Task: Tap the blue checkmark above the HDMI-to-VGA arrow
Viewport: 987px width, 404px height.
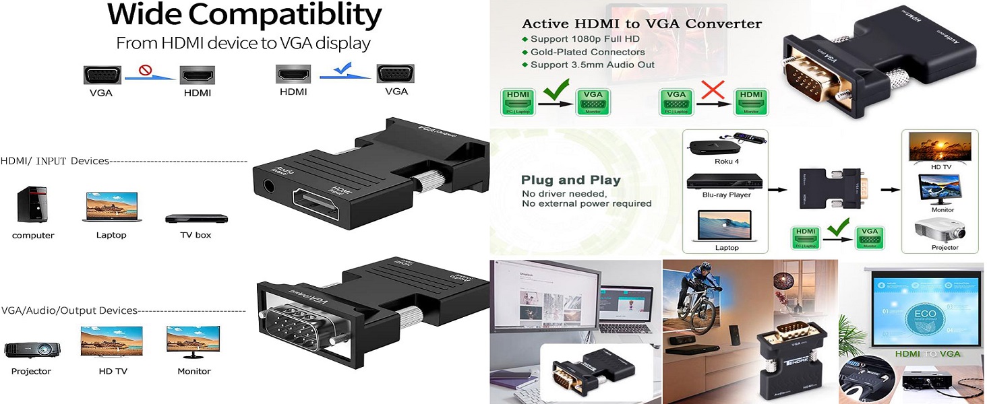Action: click(343, 67)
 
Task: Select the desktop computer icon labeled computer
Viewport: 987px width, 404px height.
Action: click(32, 205)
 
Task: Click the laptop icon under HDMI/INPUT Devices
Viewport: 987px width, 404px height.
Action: click(111, 207)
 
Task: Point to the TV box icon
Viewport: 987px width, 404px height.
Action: click(196, 219)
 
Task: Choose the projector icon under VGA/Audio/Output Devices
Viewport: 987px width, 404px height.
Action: click(32, 350)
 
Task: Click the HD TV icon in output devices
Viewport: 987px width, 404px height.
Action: click(111, 341)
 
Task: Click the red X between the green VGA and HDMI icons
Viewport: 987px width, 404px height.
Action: click(712, 89)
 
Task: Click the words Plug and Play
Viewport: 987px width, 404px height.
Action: click(570, 180)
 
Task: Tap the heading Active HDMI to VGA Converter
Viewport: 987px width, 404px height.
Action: click(642, 24)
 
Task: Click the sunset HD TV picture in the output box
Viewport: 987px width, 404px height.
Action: click(940, 146)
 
